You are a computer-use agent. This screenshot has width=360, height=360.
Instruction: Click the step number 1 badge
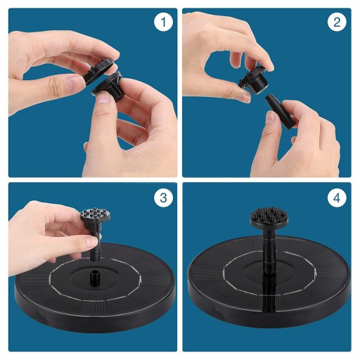(x=163, y=22)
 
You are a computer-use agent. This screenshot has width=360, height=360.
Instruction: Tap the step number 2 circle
(x=337, y=22)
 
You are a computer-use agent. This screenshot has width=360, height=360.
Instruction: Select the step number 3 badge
(x=163, y=198)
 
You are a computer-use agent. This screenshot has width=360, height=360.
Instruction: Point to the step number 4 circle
(x=337, y=198)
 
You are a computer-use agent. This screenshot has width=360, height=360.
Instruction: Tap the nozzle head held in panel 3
(x=96, y=217)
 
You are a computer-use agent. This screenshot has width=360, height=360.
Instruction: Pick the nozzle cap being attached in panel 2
(x=253, y=80)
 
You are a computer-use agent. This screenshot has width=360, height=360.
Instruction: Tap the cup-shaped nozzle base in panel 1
(x=108, y=86)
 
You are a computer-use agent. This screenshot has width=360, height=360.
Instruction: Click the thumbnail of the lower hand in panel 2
(x=272, y=117)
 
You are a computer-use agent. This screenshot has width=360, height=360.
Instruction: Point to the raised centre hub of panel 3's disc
(x=95, y=280)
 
